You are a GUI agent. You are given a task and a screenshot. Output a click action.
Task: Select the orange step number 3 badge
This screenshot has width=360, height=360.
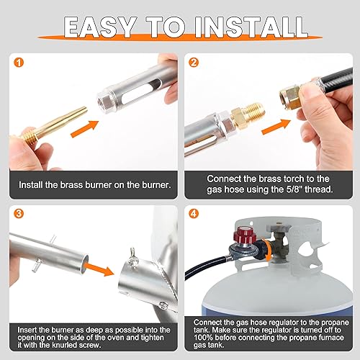15,214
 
